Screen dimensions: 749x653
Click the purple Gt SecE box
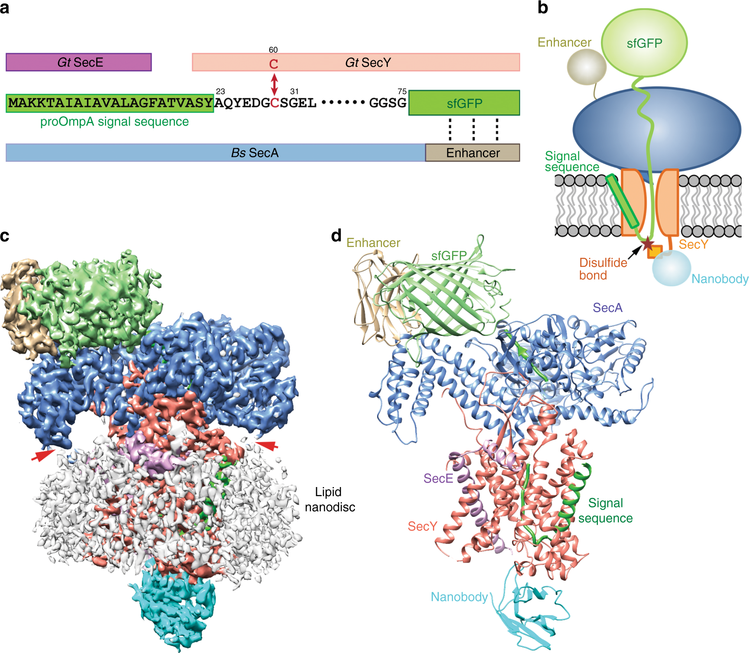(x=78, y=62)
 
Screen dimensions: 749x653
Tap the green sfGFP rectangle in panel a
(x=464, y=103)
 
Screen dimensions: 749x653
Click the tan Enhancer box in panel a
(x=472, y=153)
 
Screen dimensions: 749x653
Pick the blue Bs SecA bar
(x=215, y=153)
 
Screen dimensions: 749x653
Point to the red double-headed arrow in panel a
(x=274, y=84)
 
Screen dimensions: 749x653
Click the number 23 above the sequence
(x=220, y=91)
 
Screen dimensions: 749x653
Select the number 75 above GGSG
(x=402, y=91)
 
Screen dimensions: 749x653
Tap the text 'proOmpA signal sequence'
(x=114, y=122)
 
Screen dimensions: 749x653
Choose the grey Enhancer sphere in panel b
(x=587, y=67)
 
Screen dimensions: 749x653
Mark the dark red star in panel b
(x=647, y=244)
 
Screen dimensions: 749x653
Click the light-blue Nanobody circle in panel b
(x=672, y=268)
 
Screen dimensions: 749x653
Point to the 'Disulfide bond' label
(x=603, y=269)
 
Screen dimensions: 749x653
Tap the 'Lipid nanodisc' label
(x=329, y=499)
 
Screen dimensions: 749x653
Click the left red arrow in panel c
(x=43, y=455)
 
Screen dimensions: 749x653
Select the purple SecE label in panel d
(x=438, y=478)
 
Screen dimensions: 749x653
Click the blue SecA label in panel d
(x=607, y=308)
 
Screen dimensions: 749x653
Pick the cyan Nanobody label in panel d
(x=459, y=597)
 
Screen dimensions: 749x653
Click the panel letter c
(x=5, y=236)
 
